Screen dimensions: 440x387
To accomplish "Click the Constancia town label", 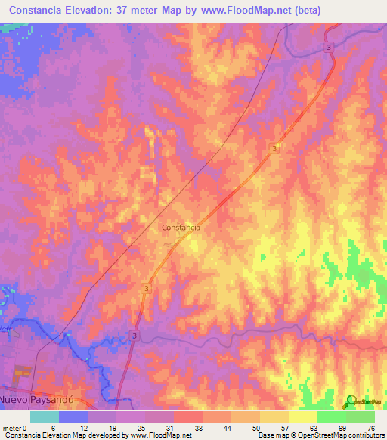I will [181, 227].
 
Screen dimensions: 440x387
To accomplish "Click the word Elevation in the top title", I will [94, 11].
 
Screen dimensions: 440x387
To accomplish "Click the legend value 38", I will [187, 427].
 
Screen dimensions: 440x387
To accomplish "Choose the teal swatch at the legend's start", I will [45, 417].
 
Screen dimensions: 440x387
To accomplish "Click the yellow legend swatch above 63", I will [302, 417].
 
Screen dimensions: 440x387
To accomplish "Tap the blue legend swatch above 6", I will [73, 417].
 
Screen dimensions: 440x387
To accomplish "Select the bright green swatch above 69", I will [331, 417].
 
